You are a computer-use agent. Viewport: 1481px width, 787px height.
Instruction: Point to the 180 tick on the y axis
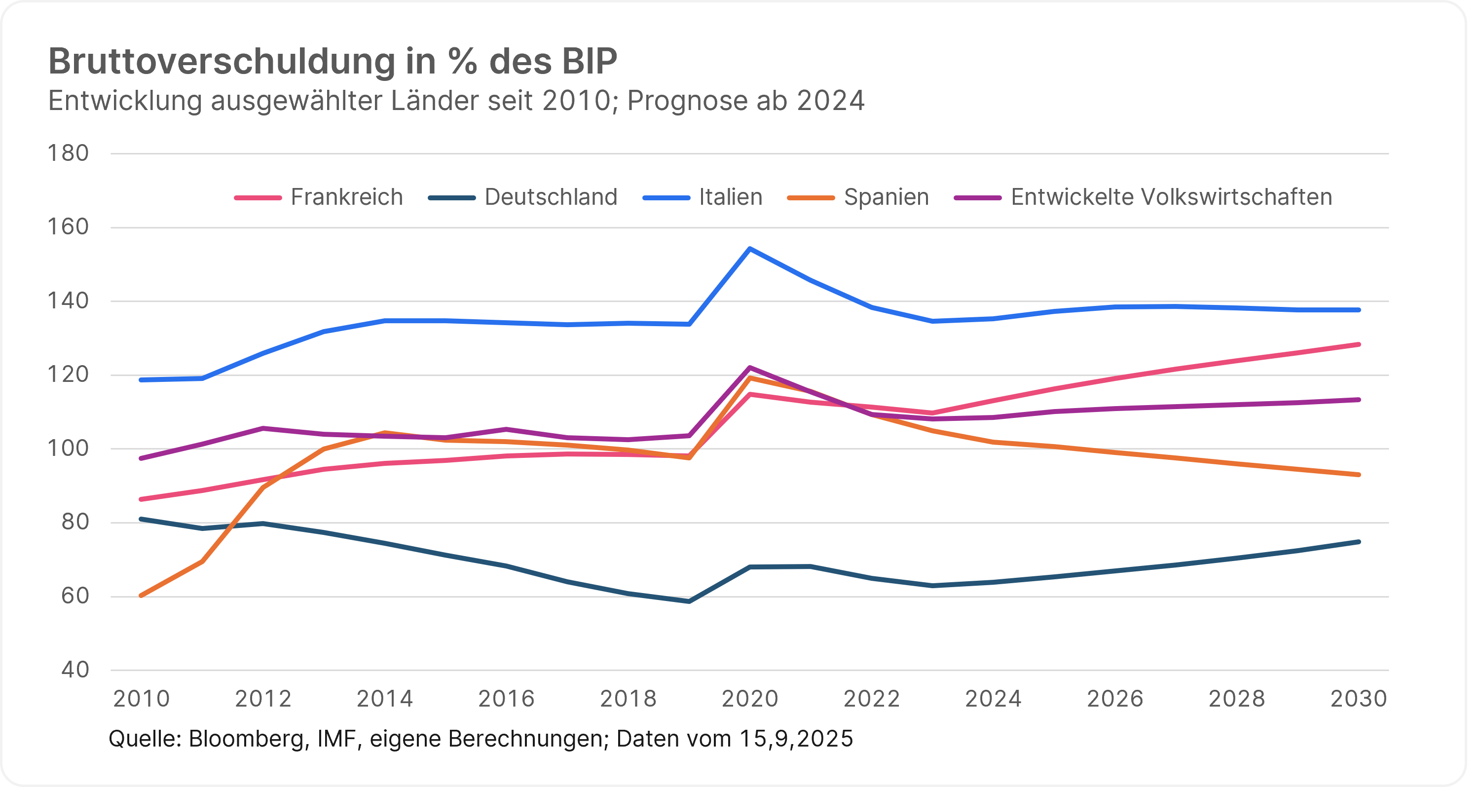[68, 153]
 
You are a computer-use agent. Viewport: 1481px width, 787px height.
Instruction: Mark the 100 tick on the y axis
[68, 449]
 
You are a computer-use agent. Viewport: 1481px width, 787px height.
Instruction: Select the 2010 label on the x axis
[142, 699]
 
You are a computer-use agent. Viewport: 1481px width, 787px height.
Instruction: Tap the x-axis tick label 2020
[750, 699]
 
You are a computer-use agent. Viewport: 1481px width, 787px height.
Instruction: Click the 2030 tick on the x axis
[1359, 699]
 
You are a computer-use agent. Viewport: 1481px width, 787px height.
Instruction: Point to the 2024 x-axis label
[993, 699]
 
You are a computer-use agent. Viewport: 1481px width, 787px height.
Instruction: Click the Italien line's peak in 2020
[750, 248]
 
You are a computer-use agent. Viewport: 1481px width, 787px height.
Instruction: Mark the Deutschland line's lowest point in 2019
[689, 601]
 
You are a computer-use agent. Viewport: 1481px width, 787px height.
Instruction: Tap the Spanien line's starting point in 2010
[142, 596]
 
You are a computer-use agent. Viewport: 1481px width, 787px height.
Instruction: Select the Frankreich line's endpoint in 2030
[1359, 344]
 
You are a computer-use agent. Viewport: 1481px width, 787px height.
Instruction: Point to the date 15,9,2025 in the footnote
[796, 739]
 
